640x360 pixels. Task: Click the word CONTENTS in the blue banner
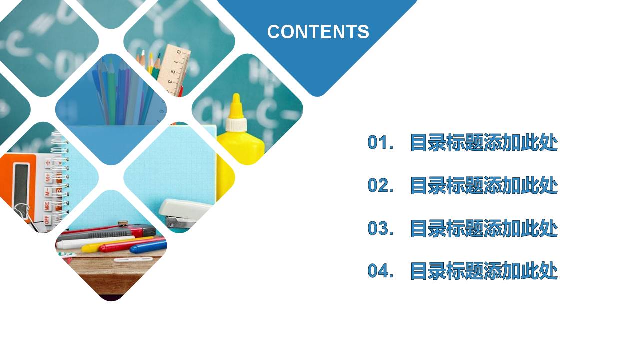tap(318, 32)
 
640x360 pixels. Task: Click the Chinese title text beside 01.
tap(483, 143)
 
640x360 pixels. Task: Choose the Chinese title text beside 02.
tap(483, 186)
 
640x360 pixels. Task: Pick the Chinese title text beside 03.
tap(483, 228)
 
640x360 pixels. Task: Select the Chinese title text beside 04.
tap(483, 271)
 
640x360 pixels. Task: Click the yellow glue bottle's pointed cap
tap(235, 105)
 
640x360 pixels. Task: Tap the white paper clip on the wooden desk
tap(132, 259)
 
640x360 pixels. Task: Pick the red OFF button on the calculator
tap(47, 218)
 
